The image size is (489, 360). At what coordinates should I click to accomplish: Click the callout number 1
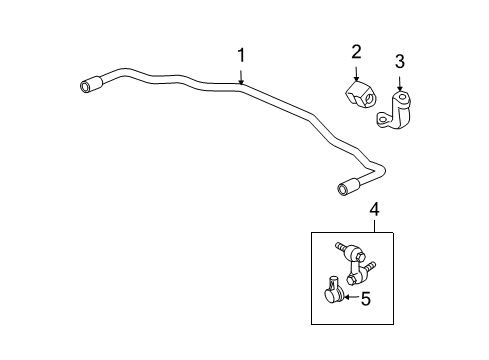(241, 55)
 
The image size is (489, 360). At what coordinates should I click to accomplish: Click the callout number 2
(357, 53)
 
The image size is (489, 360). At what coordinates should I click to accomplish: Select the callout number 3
(400, 62)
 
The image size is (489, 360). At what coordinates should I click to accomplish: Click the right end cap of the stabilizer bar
(349, 187)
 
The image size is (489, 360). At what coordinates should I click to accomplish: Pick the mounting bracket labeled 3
(397, 112)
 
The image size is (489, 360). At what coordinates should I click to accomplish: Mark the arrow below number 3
(400, 89)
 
